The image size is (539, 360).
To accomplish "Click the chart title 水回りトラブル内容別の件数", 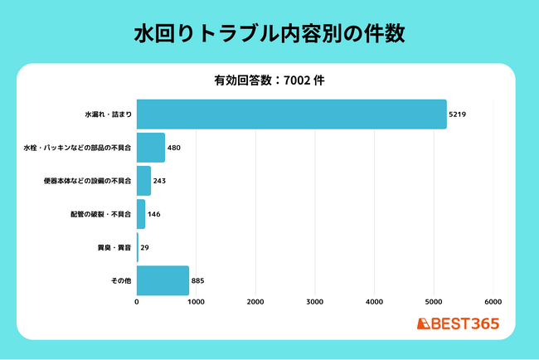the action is [x=269, y=34].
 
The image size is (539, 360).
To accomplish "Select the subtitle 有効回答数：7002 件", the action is [x=269, y=80].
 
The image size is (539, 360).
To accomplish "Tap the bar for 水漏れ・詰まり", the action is [x=292, y=114].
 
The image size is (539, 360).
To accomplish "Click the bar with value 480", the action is [x=151, y=148].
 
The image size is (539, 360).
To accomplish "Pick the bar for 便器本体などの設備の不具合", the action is [x=143, y=181].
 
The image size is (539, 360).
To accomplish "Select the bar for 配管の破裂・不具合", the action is [x=141, y=214].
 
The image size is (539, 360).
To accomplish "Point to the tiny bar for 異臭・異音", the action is [x=138, y=247].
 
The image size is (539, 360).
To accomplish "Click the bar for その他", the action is [x=163, y=280].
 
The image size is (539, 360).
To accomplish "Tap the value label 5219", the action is [x=458, y=114].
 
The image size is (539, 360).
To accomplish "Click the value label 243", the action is [x=159, y=181].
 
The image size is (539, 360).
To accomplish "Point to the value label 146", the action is [x=154, y=214].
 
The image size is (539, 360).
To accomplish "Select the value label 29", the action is [x=145, y=247].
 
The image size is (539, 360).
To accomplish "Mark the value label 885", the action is [x=197, y=281].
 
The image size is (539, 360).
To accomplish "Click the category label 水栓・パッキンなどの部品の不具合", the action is [x=77, y=148].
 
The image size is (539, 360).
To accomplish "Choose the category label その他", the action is [x=121, y=281].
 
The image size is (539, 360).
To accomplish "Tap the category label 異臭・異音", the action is [x=114, y=247].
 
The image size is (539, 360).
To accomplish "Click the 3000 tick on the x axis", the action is [x=315, y=302].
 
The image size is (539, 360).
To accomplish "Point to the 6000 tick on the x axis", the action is [x=493, y=302].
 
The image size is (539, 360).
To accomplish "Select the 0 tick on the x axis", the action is [x=137, y=302].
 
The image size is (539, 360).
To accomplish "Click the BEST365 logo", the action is [x=458, y=324].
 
